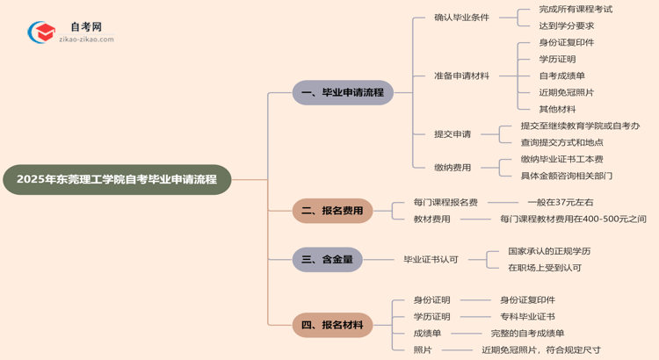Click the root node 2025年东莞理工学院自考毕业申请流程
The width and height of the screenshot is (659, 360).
click(x=117, y=179)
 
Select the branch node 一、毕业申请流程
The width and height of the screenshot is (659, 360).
click(x=343, y=92)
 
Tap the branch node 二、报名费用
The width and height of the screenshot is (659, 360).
click(x=332, y=211)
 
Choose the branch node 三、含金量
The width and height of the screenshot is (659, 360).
click(x=327, y=259)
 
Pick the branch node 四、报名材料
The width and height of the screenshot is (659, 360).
click(x=332, y=325)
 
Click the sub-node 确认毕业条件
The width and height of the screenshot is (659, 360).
click(x=461, y=18)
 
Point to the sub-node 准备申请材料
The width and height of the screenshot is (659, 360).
click(x=461, y=76)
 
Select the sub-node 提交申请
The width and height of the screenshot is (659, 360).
click(x=453, y=134)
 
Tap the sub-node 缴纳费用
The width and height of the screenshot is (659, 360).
click(x=453, y=168)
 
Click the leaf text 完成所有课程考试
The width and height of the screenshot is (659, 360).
click(x=576, y=10)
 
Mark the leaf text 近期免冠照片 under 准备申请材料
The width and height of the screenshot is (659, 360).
click(x=566, y=92)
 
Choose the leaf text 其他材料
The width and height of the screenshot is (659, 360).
click(x=557, y=109)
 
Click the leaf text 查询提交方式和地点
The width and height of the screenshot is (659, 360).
click(x=561, y=142)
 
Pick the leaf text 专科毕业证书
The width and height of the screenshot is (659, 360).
click(x=527, y=317)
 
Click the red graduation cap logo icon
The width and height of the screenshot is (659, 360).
click(x=41, y=33)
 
